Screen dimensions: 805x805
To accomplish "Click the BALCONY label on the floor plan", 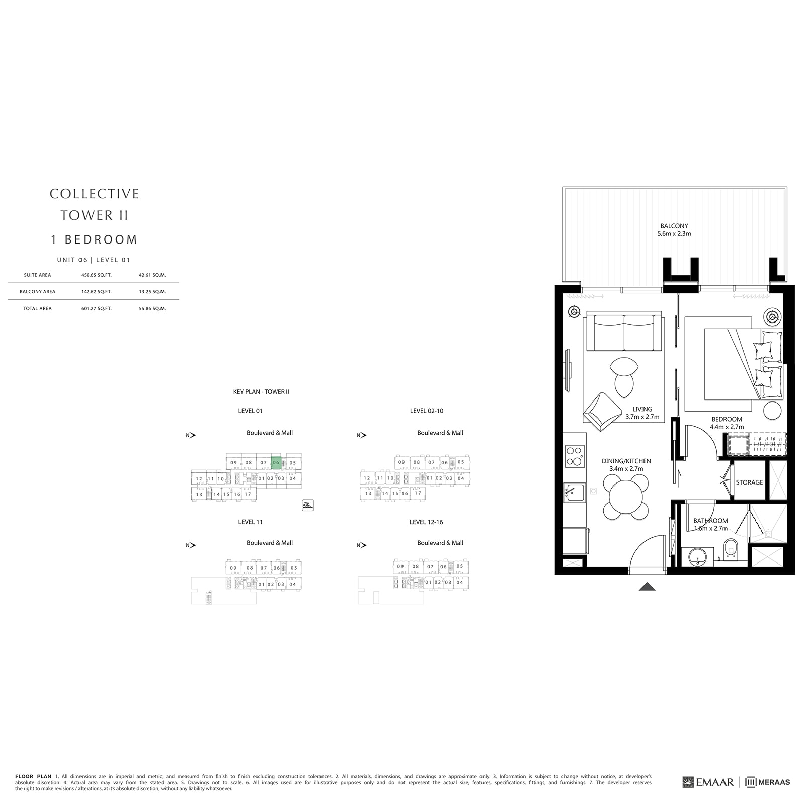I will click(x=674, y=226).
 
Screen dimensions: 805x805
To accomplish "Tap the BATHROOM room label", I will click(x=710, y=521).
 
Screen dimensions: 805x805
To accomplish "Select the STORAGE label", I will click(x=749, y=482).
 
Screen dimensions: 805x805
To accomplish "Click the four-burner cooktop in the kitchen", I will click(x=575, y=456).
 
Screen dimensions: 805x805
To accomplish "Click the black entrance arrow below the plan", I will click(x=647, y=586).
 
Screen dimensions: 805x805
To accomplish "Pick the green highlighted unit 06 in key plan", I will click(x=276, y=462).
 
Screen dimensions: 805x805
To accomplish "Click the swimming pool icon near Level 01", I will click(x=308, y=505).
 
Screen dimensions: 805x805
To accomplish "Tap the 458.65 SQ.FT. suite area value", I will click(x=96, y=275).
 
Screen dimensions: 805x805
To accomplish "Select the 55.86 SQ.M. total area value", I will click(x=152, y=309).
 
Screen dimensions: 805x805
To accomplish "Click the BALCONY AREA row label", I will click(x=37, y=292).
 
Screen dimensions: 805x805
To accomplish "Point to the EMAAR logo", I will click(x=708, y=782).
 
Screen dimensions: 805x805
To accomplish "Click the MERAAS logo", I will click(x=768, y=782).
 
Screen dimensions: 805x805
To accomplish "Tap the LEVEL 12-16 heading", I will click(x=426, y=522).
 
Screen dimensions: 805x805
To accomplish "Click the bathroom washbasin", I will click(x=698, y=556).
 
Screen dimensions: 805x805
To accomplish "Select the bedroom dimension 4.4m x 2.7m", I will click(x=727, y=427).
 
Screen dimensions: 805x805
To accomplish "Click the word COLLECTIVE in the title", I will click(x=94, y=194).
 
